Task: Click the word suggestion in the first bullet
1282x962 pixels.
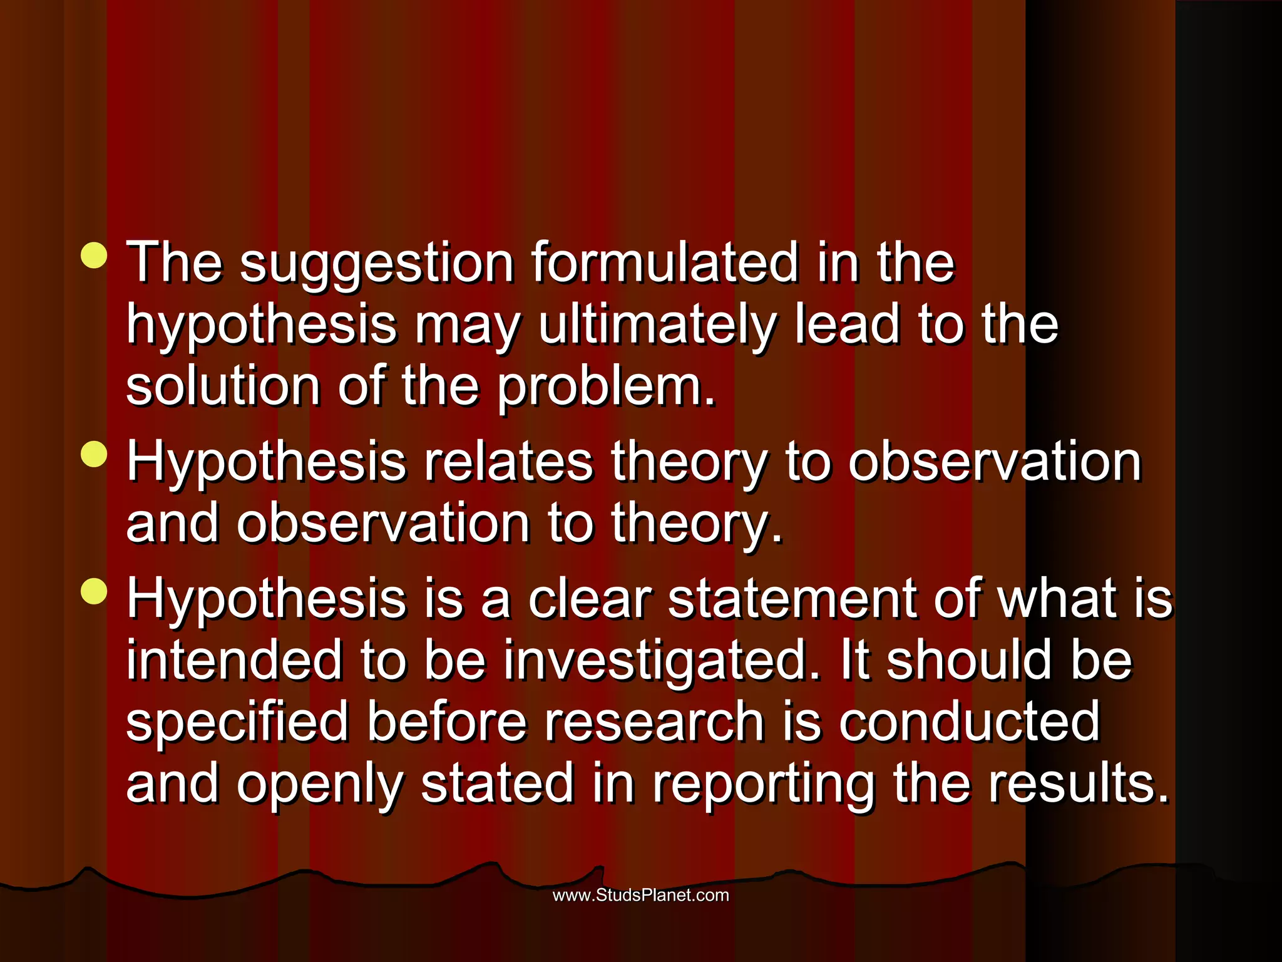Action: coord(377,264)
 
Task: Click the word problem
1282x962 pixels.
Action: coord(606,388)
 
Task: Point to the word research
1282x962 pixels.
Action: coord(654,722)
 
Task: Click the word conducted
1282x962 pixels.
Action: coord(969,722)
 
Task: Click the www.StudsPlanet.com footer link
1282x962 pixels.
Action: coord(640,895)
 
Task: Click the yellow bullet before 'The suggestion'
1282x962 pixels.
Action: coord(94,256)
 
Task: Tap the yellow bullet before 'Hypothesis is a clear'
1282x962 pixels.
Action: coord(94,592)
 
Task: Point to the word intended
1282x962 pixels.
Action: coord(234,661)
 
